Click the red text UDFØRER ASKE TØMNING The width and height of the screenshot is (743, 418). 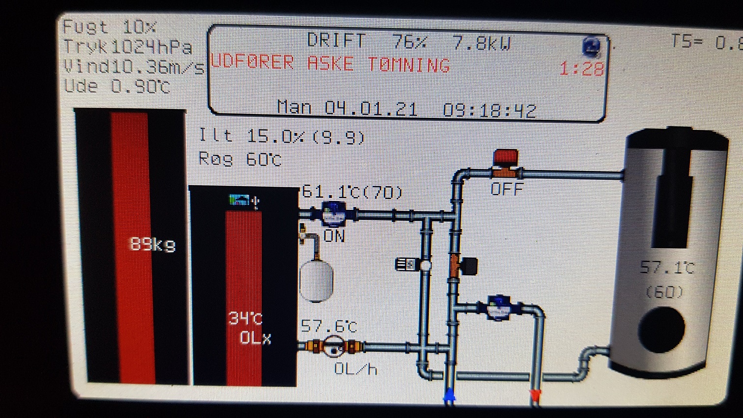329,64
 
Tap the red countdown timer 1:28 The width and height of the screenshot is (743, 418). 582,69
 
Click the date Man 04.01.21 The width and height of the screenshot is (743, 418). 347,108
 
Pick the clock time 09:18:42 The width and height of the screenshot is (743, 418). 489,110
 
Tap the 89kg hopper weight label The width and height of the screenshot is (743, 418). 152,244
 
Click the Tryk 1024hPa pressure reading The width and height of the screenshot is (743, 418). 128,47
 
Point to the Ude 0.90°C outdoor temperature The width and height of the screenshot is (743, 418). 117,86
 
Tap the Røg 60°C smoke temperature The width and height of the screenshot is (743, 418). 240,159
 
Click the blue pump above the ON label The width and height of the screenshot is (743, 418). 334,214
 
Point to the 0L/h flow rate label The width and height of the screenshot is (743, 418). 355,368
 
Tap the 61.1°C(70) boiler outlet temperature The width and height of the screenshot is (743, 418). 352,192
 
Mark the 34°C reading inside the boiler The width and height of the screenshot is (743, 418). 245,319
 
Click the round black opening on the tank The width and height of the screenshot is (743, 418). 661,329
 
